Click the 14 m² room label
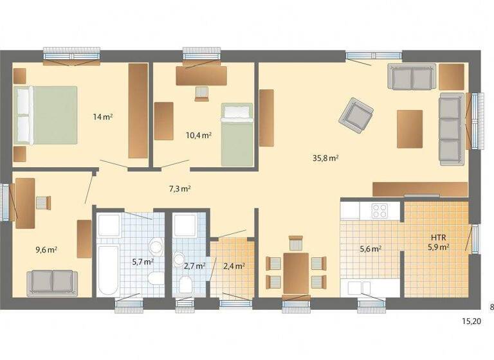(x=103, y=117)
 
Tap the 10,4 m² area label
(x=199, y=136)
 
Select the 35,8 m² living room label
(x=327, y=157)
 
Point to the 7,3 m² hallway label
(x=179, y=188)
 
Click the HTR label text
(x=439, y=236)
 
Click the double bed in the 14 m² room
(x=46, y=116)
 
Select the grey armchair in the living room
(x=356, y=114)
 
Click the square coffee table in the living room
(x=410, y=129)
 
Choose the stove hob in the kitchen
(x=380, y=210)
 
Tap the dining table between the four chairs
(x=296, y=273)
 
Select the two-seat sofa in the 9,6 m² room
(x=51, y=282)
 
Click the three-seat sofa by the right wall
(x=451, y=127)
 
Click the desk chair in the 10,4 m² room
(x=202, y=94)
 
